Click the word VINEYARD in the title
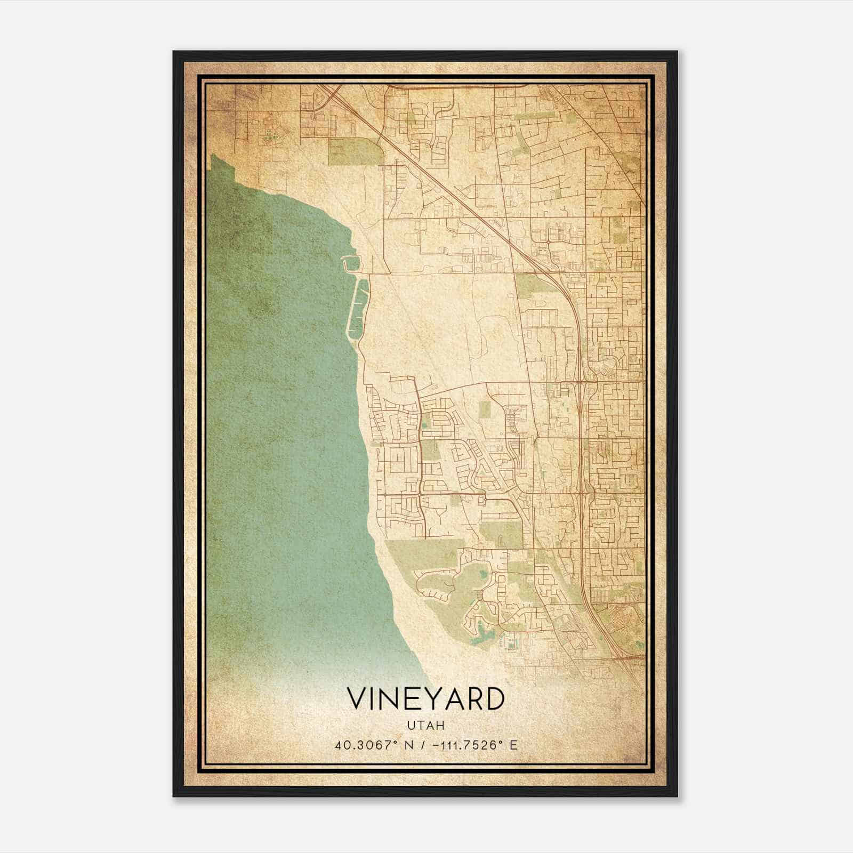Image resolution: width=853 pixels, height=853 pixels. [x=425, y=699]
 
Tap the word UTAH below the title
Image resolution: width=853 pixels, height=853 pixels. [x=426, y=725]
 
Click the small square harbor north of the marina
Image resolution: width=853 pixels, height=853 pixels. [x=351, y=262]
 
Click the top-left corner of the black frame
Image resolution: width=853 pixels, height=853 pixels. [x=174, y=52]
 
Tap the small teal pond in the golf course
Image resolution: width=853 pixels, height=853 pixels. [x=483, y=575]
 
